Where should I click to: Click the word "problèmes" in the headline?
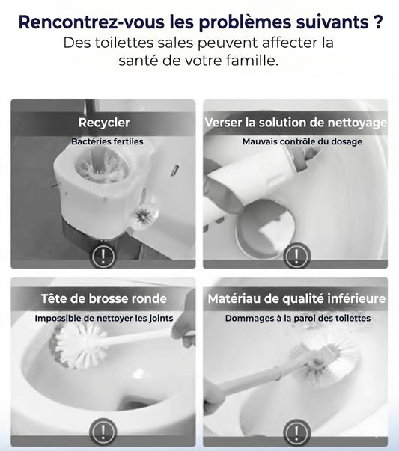point(245,23)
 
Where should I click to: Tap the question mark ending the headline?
point(379,21)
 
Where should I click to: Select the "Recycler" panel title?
point(104,123)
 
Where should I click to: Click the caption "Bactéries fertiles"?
point(107,141)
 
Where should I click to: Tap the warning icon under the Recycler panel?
point(103,256)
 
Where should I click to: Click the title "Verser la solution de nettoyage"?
point(296,123)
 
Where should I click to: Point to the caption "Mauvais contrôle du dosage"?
point(302,141)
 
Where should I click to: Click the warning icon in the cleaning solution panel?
point(296,255)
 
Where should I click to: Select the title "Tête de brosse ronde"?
point(104,298)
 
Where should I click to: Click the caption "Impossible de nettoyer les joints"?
point(104,318)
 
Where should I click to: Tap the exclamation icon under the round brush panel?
point(103,432)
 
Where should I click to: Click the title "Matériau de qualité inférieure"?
point(296,299)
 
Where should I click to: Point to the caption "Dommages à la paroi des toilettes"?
point(298,318)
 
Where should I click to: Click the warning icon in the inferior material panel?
point(296,432)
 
